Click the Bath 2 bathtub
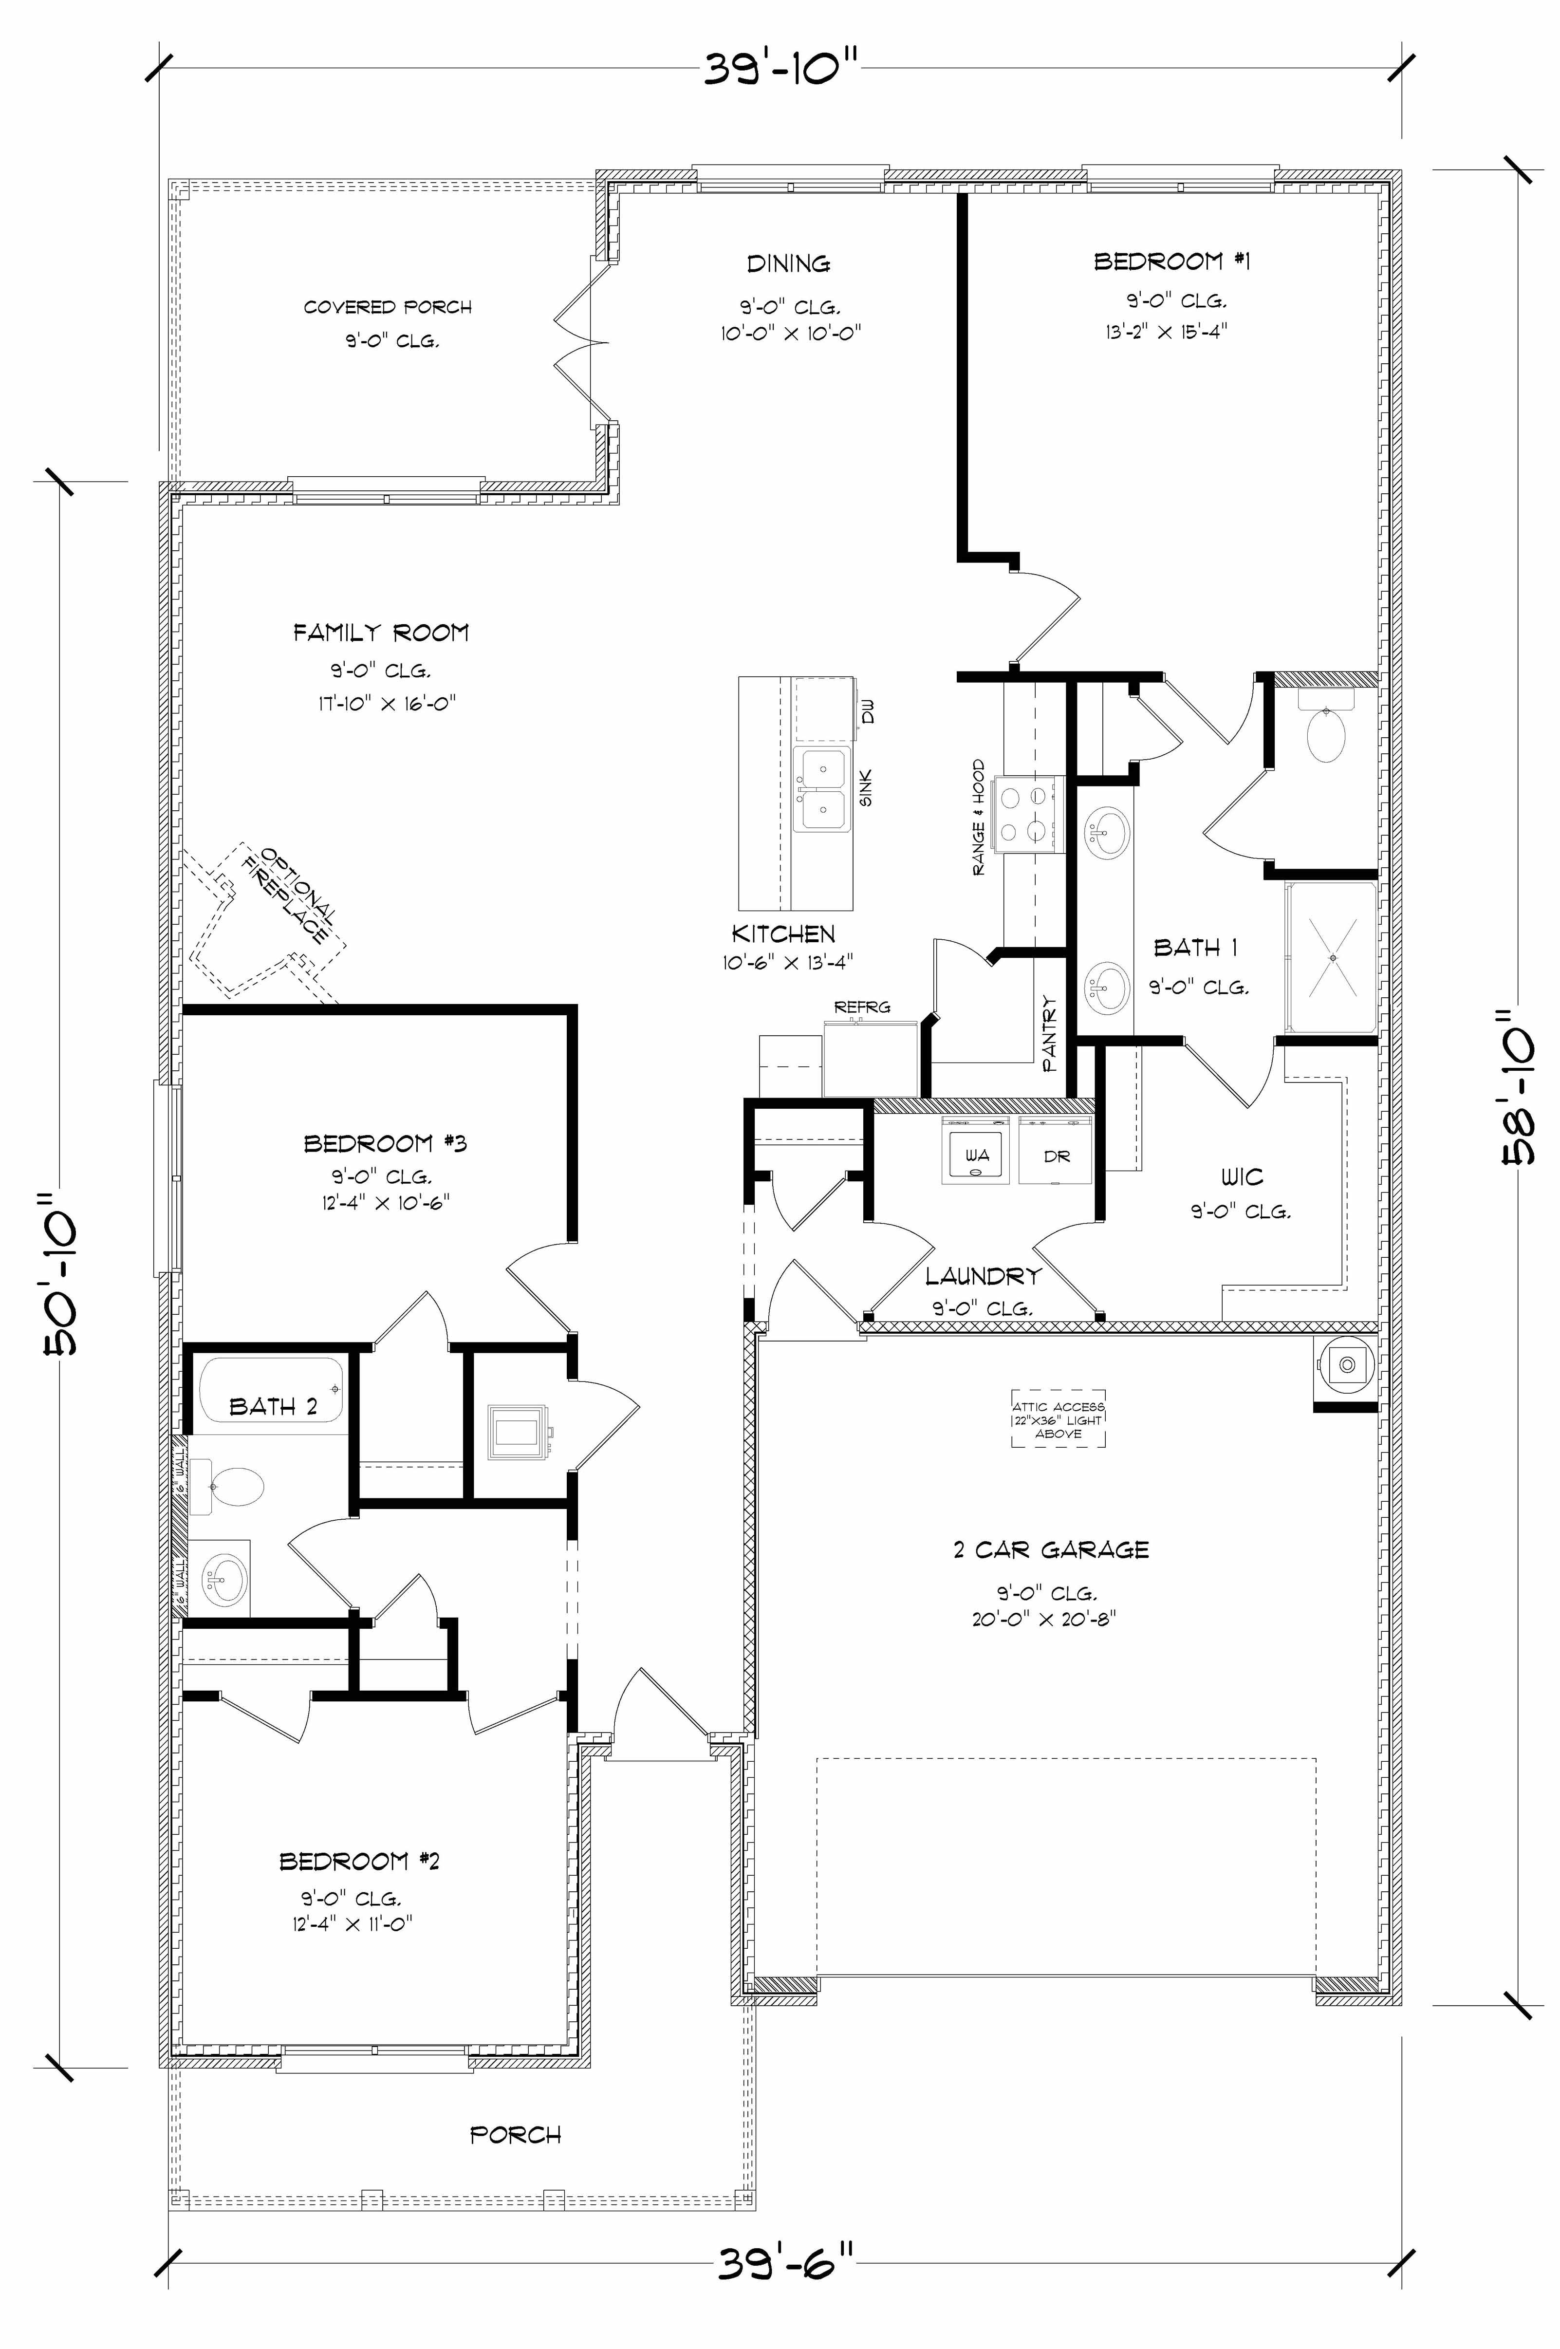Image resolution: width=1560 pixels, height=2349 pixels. tap(271, 1390)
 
